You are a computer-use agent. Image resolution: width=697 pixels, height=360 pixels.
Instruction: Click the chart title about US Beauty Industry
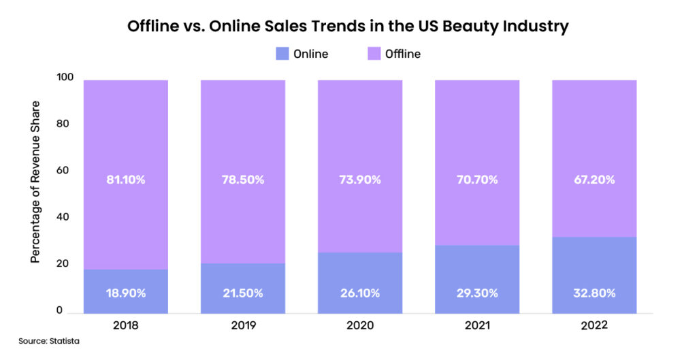coord(348,27)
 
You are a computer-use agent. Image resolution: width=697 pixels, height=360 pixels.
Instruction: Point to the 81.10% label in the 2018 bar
coord(126,180)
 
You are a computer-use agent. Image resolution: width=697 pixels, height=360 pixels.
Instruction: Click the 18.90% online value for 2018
coord(126,293)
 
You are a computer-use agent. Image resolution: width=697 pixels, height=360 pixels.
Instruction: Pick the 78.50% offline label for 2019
coord(243,180)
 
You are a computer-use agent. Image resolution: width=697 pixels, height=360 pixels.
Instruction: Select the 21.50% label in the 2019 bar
coord(243,293)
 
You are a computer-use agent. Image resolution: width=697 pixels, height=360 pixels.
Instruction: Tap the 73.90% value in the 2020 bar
coord(360,180)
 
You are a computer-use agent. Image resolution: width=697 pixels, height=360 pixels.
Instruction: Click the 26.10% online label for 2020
coord(360,293)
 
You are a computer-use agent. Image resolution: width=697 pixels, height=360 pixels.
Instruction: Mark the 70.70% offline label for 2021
coord(477,180)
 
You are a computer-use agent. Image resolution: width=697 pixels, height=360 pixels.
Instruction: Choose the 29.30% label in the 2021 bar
coord(477,293)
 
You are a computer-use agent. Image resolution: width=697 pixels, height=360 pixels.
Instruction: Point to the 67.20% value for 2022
coord(594,180)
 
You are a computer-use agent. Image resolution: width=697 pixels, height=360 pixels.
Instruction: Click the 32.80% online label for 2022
coord(594,293)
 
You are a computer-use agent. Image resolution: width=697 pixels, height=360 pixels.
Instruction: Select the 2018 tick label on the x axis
coord(126,325)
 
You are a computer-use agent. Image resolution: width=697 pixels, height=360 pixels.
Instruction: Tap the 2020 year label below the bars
coord(360,325)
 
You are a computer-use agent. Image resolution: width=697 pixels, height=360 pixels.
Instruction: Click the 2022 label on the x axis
coord(594,325)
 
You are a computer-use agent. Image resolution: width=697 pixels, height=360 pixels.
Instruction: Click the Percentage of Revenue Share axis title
coord(35,182)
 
